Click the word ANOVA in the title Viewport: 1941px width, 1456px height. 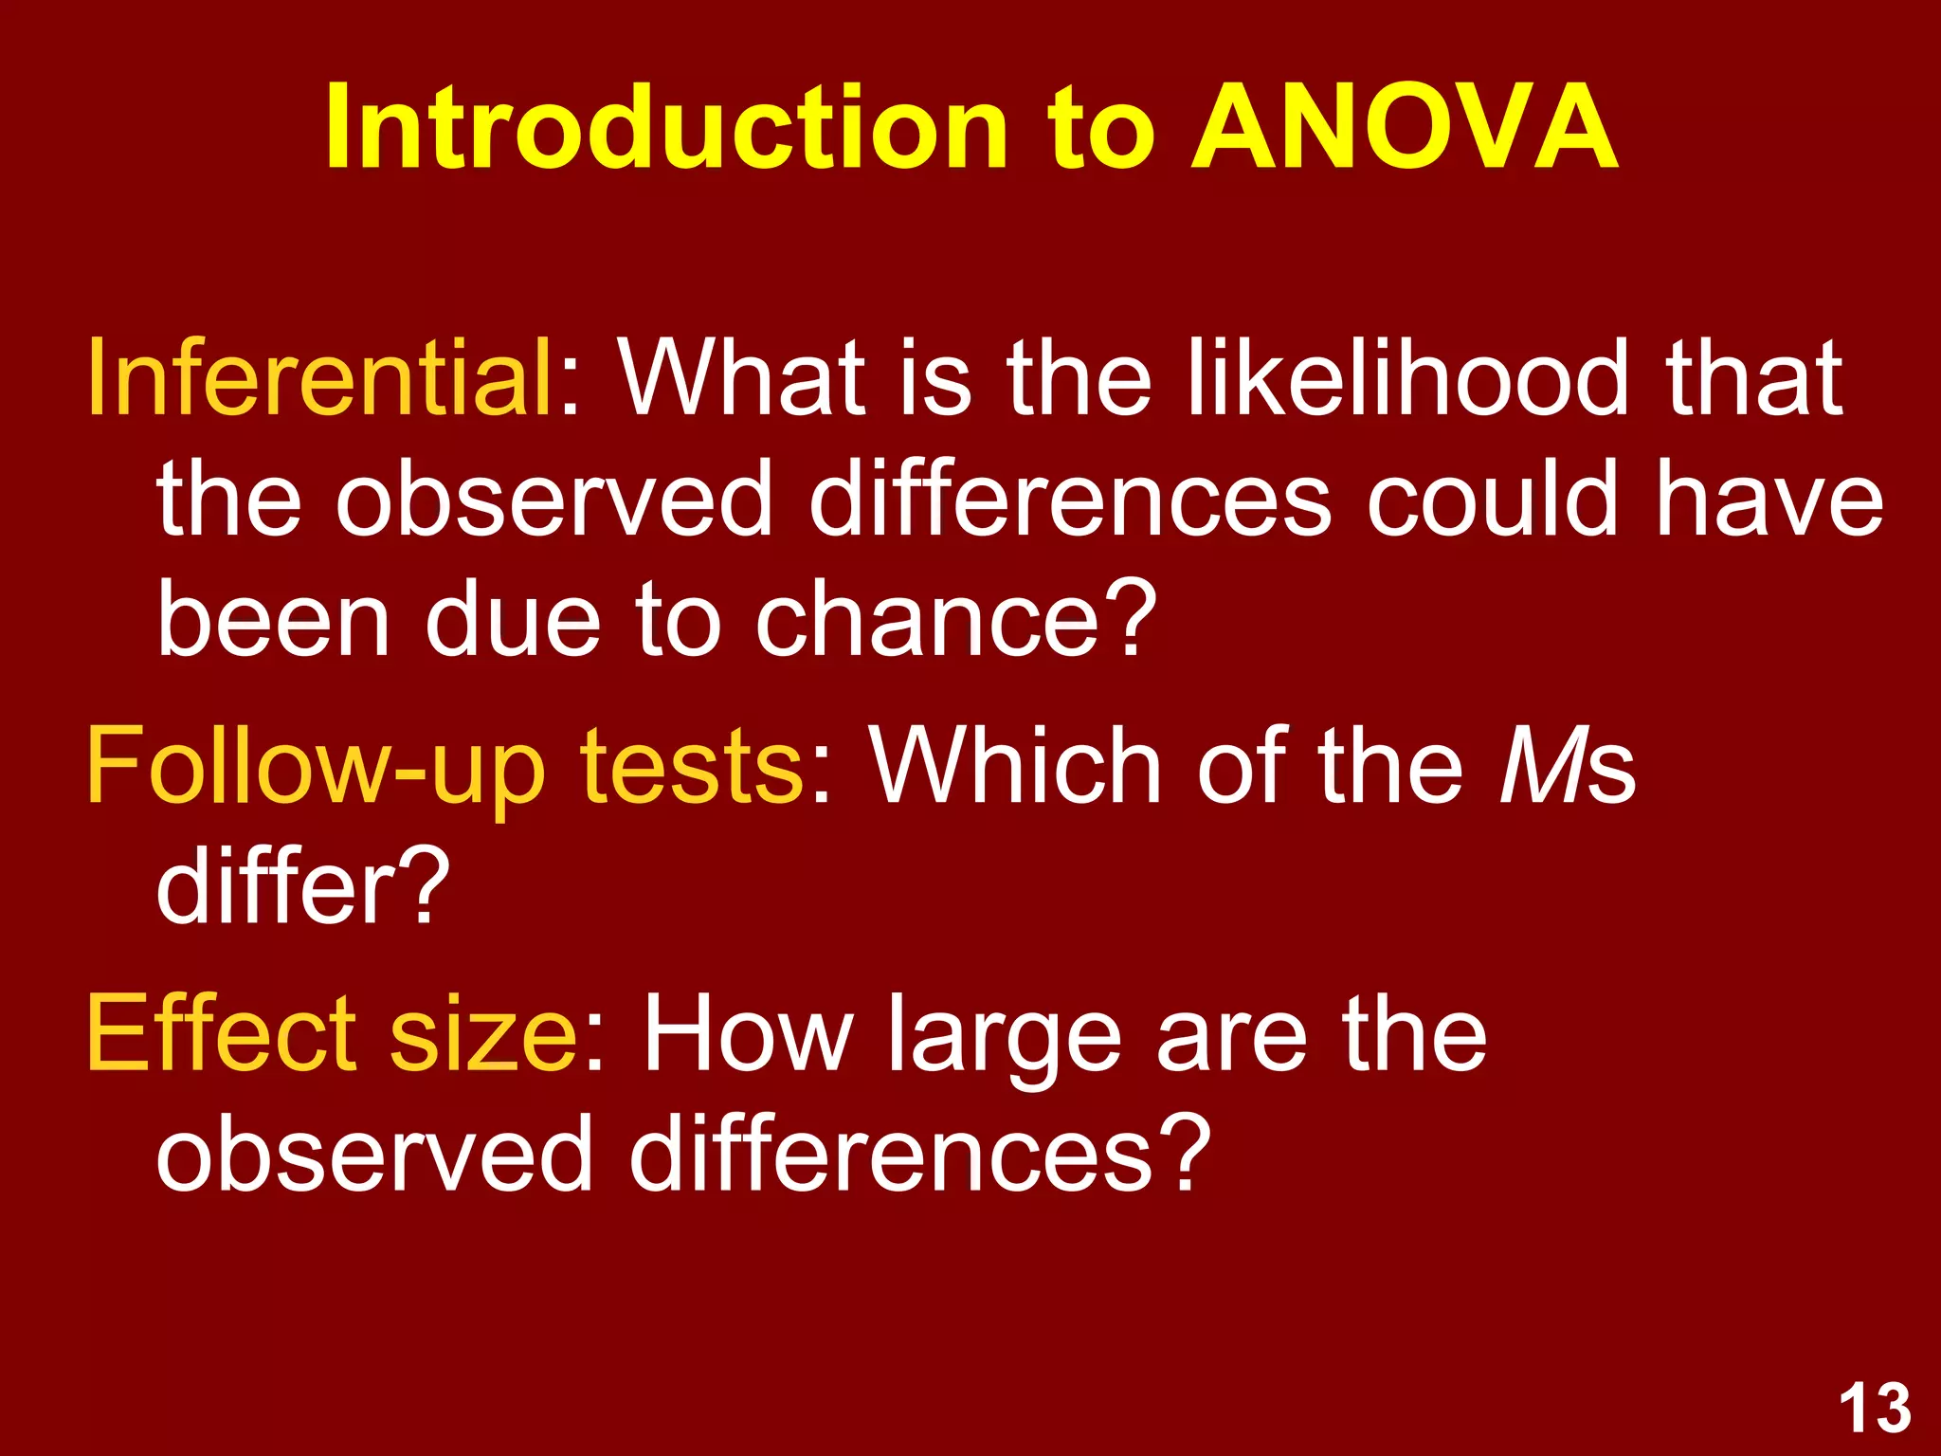click(1404, 128)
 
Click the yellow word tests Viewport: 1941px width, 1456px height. click(693, 766)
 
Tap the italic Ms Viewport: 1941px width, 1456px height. click(1568, 766)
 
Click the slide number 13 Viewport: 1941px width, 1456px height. click(1875, 1408)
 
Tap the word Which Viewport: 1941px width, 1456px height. click(1015, 766)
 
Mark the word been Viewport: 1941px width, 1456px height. click(274, 621)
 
